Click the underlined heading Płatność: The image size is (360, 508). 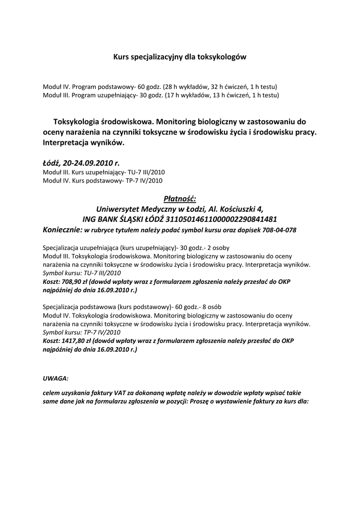click(x=180, y=199)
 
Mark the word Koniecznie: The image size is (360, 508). click(x=62, y=230)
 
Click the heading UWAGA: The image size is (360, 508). click(x=56, y=378)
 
